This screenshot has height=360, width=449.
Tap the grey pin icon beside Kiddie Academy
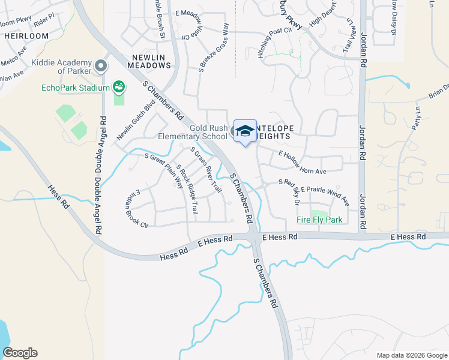(100, 65)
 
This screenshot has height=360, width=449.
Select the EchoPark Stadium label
(76, 88)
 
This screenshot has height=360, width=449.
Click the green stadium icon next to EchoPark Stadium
(119, 88)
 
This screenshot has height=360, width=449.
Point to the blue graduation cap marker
(244, 131)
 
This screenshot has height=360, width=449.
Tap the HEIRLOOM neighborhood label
(26, 36)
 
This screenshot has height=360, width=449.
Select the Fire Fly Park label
(319, 220)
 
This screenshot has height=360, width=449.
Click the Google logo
(19, 353)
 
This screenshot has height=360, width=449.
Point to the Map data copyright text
(411, 355)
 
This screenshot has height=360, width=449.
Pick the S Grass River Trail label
(206, 170)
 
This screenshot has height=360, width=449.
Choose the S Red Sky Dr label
(289, 190)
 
